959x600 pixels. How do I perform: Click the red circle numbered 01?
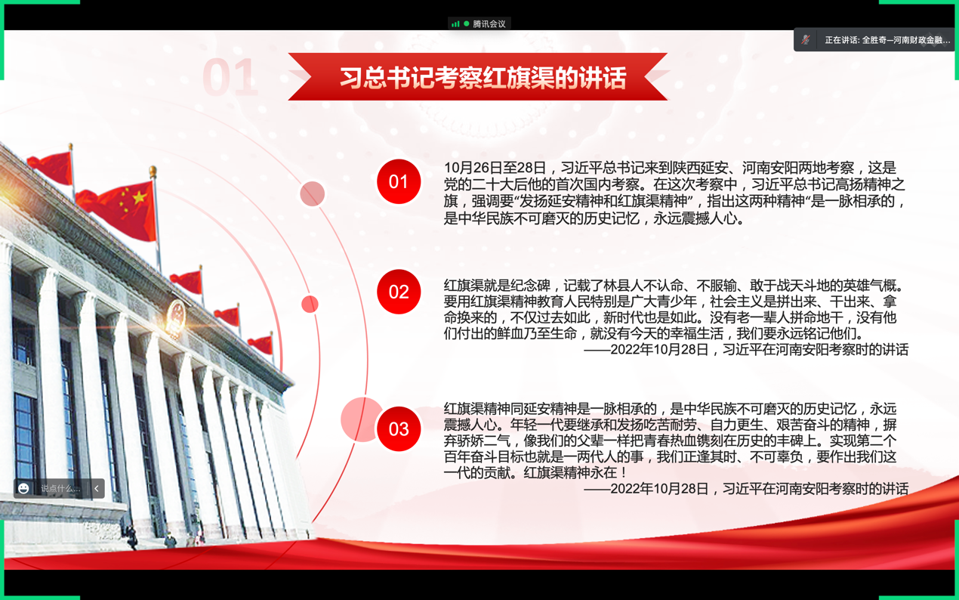click(x=399, y=181)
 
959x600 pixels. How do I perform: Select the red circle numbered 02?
click(x=399, y=292)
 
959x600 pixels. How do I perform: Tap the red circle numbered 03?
click(x=399, y=429)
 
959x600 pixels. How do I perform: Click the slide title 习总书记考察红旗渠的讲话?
click(x=483, y=78)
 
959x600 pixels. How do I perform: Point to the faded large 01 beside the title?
click(x=230, y=77)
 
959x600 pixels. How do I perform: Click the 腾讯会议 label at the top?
click(x=489, y=24)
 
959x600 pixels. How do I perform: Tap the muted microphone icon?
click(x=805, y=40)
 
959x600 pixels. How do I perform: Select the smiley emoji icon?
click(x=23, y=488)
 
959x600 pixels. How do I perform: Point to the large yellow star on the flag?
click(x=139, y=197)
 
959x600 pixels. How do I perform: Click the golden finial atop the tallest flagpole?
click(x=153, y=172)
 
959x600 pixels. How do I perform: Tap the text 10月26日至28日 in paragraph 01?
click(x=495, y=168)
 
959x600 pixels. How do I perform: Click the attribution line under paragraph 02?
click(x=746, y=350)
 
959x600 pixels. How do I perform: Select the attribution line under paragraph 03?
click(x=746, y=489)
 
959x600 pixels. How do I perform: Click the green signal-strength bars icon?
click(x=455, y=24)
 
